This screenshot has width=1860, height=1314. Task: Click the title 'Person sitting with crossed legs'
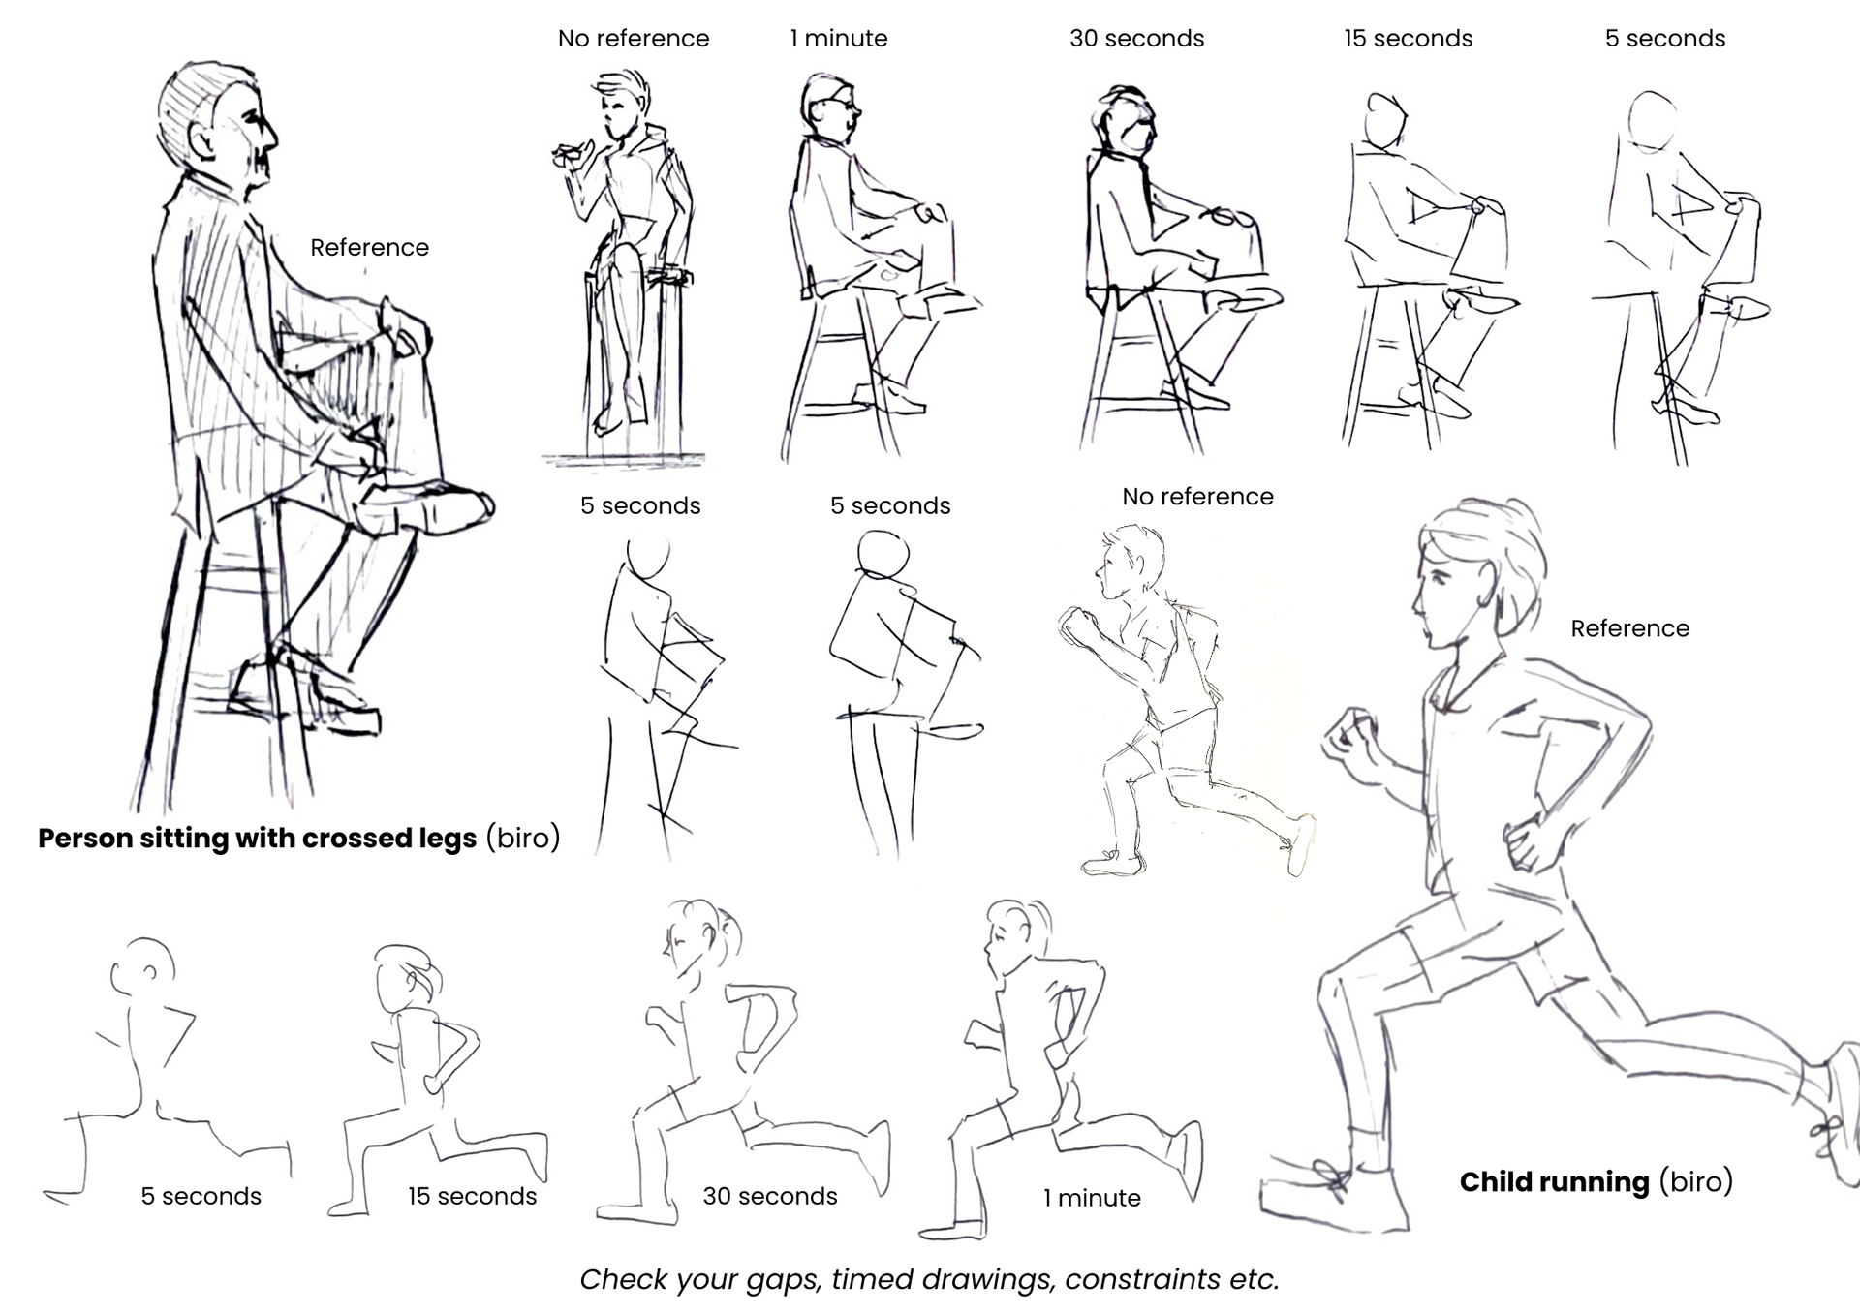click(257, 838)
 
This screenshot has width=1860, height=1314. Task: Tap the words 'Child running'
click(1554, 1181)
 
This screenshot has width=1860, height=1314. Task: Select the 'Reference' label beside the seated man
click(369, 247)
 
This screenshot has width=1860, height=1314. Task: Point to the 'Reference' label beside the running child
click(1629, 628)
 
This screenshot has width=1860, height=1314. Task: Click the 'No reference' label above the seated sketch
click(634, 38)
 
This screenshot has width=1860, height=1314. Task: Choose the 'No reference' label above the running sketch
click(1197, 496)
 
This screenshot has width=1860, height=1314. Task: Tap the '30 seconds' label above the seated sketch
click(1136, 38)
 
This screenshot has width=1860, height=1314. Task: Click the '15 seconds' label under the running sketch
click(472, 1196)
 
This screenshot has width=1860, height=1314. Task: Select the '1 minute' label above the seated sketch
click(838, 38)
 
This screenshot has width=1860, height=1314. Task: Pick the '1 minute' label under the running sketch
click(1092, 1198)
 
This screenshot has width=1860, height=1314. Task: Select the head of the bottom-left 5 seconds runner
click(143, 966)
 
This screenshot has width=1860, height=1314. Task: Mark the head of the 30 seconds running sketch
click(700, 937)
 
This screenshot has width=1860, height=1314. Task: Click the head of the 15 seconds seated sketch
click(1385, 120)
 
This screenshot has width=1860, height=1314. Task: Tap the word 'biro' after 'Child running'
click(1695, 1181)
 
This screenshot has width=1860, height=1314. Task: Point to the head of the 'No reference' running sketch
click(1130, 563)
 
